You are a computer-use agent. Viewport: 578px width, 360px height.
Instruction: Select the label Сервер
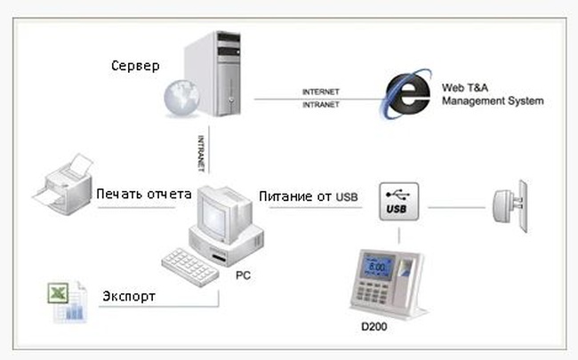(x=137, y=67)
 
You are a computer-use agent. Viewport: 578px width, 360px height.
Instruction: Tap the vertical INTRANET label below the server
(x=204, y=151)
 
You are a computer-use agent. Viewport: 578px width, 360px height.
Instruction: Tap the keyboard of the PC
(x=189, y=263)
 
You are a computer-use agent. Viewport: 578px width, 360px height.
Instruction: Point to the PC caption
(x=242, y=276)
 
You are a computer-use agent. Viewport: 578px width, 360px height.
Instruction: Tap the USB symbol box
(x=397, y=202)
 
